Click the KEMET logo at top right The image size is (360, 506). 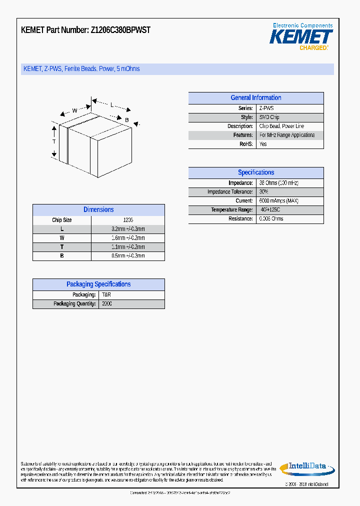[x=301, y=37]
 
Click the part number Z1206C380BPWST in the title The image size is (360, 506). [x=120, y=30]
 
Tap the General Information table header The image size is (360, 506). [x=255, y=98]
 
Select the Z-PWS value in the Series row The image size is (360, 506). [x=266, y=108]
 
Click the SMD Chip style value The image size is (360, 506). [x=269, y=117]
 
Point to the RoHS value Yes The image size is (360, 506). [x=263, y=144]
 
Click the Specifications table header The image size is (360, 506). [x=255, y=172]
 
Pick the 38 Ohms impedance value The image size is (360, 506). [x=278, y=183]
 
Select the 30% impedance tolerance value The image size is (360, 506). [x=263, y=192]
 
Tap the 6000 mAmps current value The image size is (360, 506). [x=278, y=201]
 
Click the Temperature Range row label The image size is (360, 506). [x=231, y=210]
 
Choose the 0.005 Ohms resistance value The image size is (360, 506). [x=271, y=219]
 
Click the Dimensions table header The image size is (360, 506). [x=98, y=210]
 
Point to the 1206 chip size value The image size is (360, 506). [x=128, y=220]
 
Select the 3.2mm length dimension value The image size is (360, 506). [x=128, y=229]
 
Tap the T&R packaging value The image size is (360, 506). [x=106, y=295]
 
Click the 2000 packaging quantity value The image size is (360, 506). [x=107, y=304]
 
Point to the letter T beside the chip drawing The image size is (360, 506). [x=54, y=141]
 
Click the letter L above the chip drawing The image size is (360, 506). [x=112, y=105]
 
